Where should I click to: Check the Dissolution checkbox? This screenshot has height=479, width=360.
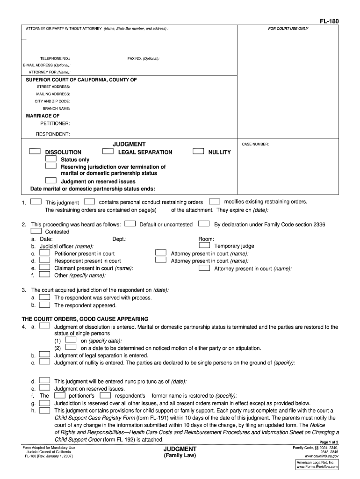(x=34, y=152)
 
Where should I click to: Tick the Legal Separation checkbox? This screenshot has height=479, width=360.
(x=108, y=152)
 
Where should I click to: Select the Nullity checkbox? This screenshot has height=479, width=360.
(x=198, y=152)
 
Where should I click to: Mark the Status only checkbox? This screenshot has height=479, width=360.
(x=50, y=159)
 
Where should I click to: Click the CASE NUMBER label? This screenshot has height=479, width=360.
(x=255, y=145)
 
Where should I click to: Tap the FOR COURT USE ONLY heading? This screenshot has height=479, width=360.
(x=288, y=29)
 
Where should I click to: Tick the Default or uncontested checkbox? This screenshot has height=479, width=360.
(x=130, y=224)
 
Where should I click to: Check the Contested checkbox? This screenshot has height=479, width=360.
(x=36, y=231)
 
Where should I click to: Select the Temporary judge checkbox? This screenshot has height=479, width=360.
(x=204, y=245)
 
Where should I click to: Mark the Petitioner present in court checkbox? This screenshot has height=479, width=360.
(x=44, y=253)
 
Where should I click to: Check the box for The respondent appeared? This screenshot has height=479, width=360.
(x=44, y=305)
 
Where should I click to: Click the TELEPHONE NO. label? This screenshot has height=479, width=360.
(x=55, y=58)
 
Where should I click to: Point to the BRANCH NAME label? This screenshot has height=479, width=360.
(x=56, y=109)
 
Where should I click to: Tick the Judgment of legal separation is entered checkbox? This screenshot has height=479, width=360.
(x=44, y=355)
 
